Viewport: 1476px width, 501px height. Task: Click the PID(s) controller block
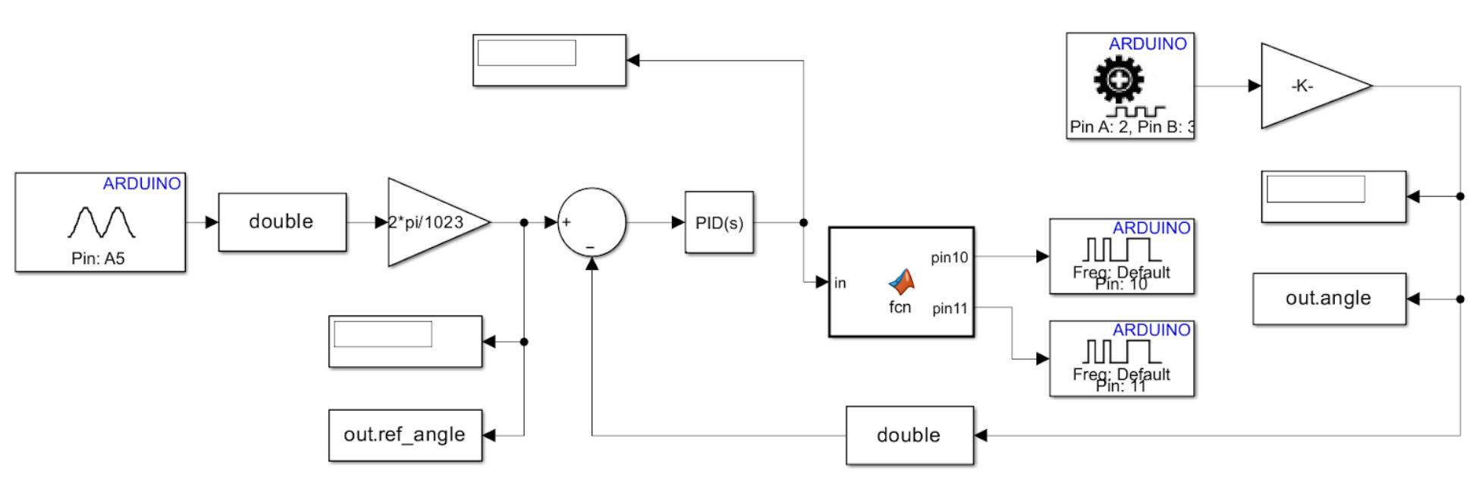[718, 223]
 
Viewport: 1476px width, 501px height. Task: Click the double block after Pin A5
[282, 221]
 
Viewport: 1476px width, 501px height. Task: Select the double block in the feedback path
[909, 435]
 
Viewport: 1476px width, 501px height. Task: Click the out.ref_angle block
[405, 435]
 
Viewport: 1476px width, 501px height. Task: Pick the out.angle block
[1329, 299]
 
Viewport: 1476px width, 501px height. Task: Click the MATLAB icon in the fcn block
[902, 282]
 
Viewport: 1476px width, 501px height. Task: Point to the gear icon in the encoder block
[1119, 80]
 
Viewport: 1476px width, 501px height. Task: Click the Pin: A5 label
[98, 258]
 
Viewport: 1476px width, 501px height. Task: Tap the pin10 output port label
[950, 258]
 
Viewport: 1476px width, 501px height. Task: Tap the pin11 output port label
[950, 308]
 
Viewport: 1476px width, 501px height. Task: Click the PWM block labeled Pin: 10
[1121, 256]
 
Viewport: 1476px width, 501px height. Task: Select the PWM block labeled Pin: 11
[1121, 359]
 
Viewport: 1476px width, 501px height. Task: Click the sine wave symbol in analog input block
[101, 222]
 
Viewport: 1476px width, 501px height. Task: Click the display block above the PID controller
[549, 60]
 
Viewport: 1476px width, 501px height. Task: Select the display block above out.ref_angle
[405, 342]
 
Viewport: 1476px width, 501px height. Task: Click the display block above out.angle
[1333, 196]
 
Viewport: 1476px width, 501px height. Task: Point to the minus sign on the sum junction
[590, 248]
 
